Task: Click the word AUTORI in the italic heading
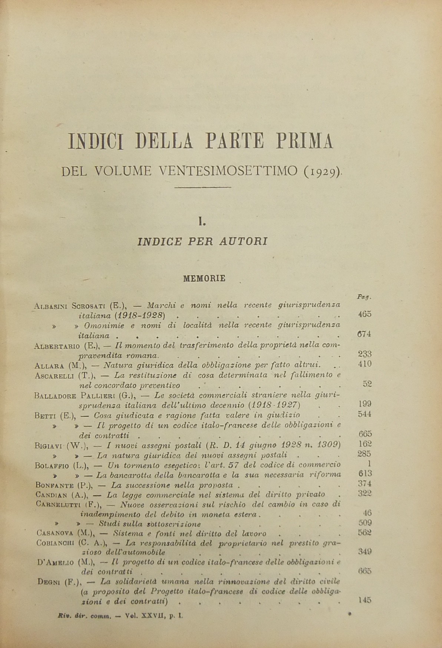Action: [x=245, y=242]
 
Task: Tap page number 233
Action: [x=365, y=354]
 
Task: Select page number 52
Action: [x=367, y=384]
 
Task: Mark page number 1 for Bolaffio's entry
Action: [x=369, y=463]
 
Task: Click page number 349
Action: [x=365, y=552]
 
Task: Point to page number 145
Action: [x=365, y=601]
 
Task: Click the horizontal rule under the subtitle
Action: [x=202, y=187]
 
